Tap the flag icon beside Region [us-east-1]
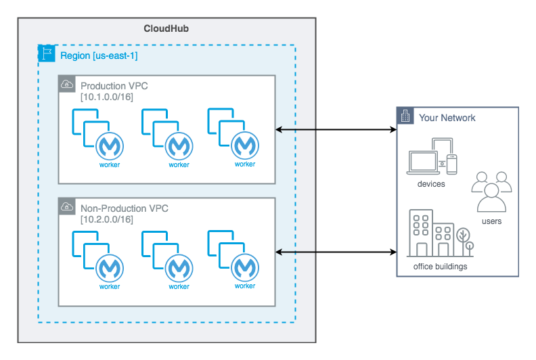pyautogui.click(x=47, y=55)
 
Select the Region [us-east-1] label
pyautogui.click(x=99, y=55)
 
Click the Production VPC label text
pyautogui.click(x=114, y=86)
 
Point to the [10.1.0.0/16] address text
pyautogui.click(x=107, y=97)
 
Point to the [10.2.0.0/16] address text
pyautogui.click(x=107, y=220)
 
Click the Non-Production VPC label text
pyautogui.click(x=125, y=208)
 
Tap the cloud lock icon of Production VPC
pyautogui.click(x=67, y=85)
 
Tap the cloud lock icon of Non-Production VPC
pyautogui.click(x=67, y=206)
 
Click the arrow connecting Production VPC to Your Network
pyautogui.click(x=336, y=129)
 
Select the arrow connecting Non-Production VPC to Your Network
pyautogui.click(x=336, y=252)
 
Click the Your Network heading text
pyautogui.click(x=447, y=118)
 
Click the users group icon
pyautogui.click(x=491, y=192)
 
